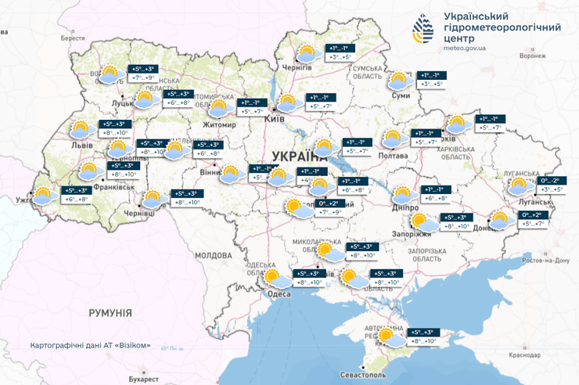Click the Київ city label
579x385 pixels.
tap(275, 118)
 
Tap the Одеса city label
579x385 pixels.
tap(279, 293)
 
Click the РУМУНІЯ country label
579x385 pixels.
tap(110, 312)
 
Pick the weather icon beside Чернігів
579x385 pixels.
tap(307, 53)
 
